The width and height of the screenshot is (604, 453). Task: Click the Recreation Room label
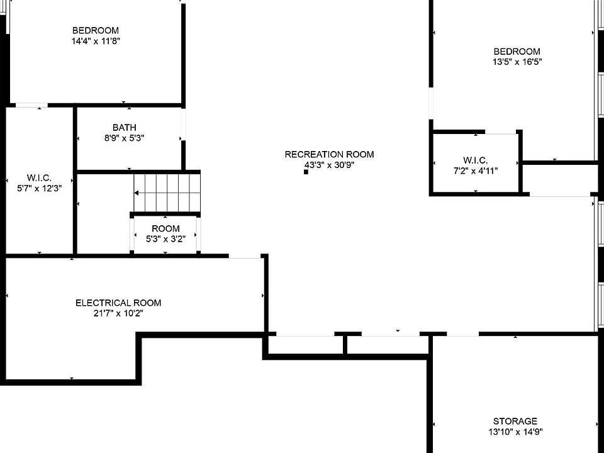pyautogui.click(x=329, y=154)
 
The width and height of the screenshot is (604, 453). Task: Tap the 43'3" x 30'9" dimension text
pyautogui.click(x=329, y=165)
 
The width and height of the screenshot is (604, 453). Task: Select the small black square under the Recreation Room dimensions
pyautogui.click(x=306, y=172)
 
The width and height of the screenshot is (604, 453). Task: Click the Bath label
pyautogui.click(x=124, y=128)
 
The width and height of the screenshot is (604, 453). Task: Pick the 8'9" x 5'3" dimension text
pyautogui.click(x=124, y=138)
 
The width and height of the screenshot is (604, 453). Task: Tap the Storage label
pyautogui.click(x=515, y=421)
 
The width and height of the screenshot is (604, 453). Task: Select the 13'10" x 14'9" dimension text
pyautogui.click(x=515, y=432)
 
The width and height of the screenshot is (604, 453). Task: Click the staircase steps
pyautogui.click(x=167, y=193)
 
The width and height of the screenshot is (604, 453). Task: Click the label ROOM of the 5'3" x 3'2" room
pyautogui.click(x=165, y=228)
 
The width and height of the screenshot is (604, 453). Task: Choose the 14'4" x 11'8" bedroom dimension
pyautogui.click(x=95, y=41)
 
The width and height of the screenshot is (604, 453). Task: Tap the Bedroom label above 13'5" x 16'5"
pyautogui.click(x=517, y=52)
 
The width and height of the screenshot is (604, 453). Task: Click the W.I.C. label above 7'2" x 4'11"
pyautogui.click(x=475, y=160)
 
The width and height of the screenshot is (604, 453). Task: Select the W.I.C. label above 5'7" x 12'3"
pyautogui.click(x=39, y=177)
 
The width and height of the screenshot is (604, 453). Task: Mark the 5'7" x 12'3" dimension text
pyautogui.click(x=39, y=187)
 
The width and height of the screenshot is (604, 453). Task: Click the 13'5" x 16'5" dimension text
pyautogui.click(x=517, y=62)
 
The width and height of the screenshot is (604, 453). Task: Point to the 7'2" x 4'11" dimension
pyautogui.click(x=475, y=171)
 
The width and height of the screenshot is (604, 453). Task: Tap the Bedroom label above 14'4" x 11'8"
pyautogui.click(x=95, y=30)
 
